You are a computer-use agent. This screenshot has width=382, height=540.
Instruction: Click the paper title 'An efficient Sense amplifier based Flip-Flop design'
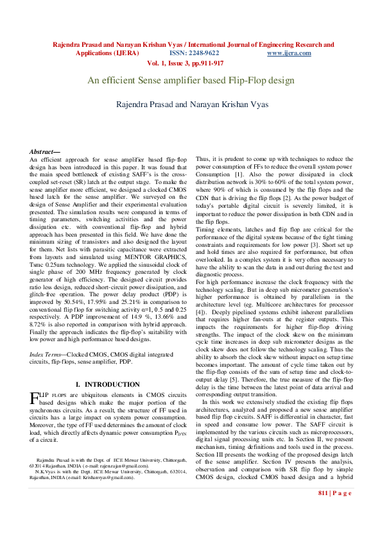(x=191, y=81)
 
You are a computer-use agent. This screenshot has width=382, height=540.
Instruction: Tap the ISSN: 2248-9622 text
(x=193, y=53)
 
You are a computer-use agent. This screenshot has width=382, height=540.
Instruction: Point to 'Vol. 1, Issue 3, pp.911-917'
(x=185, y=63)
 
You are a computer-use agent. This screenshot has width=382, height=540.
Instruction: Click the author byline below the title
(x=191, y=104)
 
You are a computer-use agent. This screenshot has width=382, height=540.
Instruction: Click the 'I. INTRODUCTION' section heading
(x=109, y=384)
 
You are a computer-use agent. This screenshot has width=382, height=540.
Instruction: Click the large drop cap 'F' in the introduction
(x=35, y=400)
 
